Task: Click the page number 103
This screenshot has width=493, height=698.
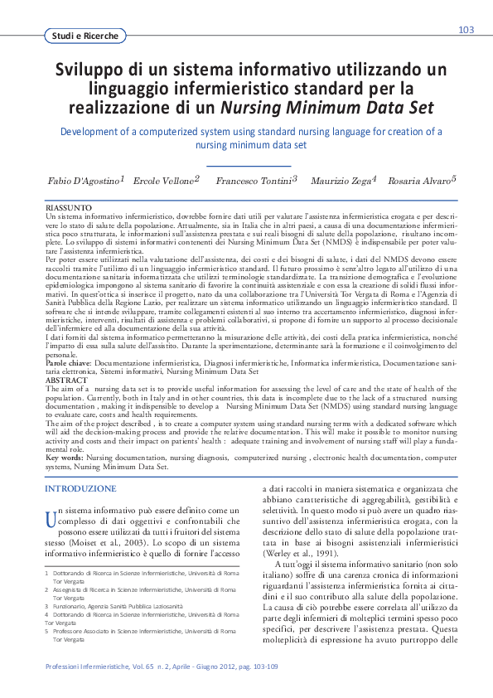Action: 466,30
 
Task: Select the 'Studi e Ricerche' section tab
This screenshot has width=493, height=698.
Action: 84,36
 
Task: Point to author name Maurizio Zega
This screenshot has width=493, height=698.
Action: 341,181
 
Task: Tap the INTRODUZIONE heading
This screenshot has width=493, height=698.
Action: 80,489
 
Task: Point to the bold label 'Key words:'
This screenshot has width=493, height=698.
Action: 65,457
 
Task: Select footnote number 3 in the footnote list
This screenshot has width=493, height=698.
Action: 46,606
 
